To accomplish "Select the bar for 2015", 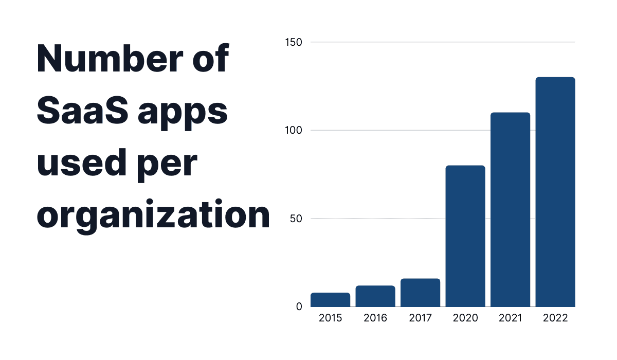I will point(330,300).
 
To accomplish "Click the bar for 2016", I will point(375,296).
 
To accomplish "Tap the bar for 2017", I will point(420,293).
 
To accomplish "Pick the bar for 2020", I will point(465,236).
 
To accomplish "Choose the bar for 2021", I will point(510,209).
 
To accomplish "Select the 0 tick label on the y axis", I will point(299,307).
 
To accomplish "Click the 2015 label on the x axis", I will point(330,318).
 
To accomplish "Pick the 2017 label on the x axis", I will point(420,318).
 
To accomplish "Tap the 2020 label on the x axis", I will point(465,318).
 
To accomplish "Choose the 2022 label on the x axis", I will point(555,318).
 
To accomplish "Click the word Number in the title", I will point(103,60).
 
